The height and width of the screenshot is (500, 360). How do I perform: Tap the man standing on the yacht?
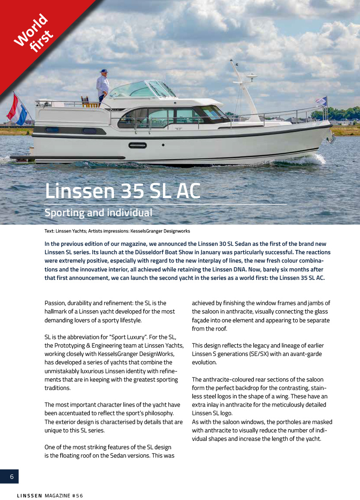pyautogui.click(x=102, y=87)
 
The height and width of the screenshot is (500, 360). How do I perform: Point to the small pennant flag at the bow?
pyautogui.click(x=322, y=101)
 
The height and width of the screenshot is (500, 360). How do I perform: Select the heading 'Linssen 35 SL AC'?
pyautogui.click(x=123, y=191)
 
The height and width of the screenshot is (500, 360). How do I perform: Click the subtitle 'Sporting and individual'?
pyautogui.click(x=99, y=213)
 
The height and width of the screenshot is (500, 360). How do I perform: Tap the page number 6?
pyautogui.click(x=11, y=477)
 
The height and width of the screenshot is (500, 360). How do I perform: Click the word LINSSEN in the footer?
pyautogui.click(x=29, y=496)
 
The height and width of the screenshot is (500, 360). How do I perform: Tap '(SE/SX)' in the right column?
pyautogui.click(x=264, y=354)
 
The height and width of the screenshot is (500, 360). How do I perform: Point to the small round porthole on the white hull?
pyautogui.click(x=163, y=145)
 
